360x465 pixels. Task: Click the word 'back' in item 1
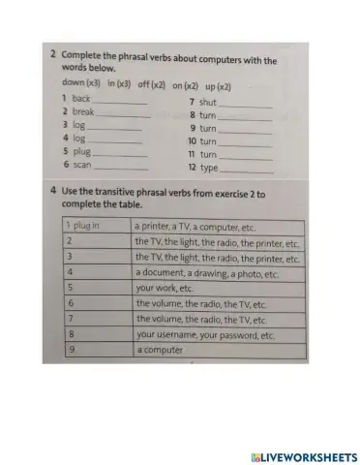[81, 99]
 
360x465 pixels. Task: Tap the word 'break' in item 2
[83, 111]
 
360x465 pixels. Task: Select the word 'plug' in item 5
[80, 151]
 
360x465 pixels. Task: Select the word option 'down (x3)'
[81, 84]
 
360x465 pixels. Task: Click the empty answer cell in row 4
[96, 273]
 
